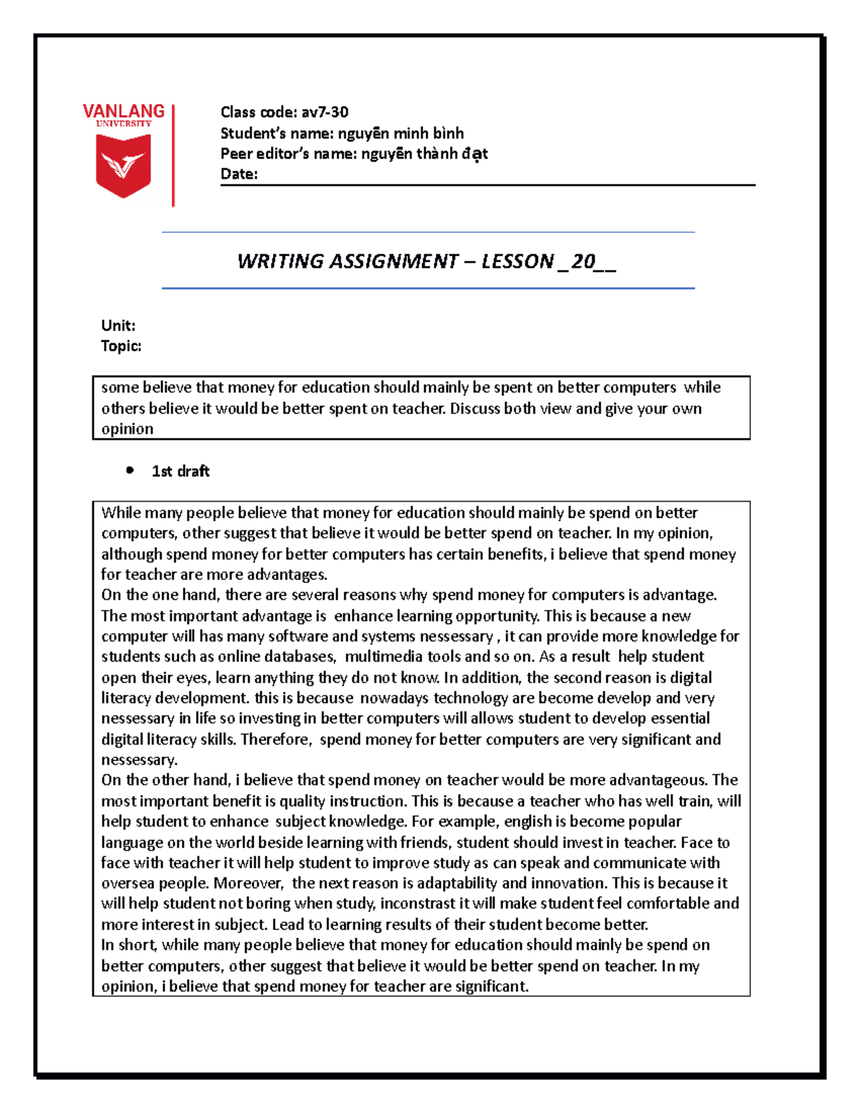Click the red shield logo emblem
click(x=123, y=165)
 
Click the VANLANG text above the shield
click(x=123, y=111)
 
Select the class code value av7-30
click(x=325, y=112)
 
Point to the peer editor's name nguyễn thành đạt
click(x=424, y=153)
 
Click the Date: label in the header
click(x=239, y=174)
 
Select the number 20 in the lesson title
click(x=583, y=261)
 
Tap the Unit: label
click(x=118, y=325)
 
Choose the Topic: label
click(x=121, y=346)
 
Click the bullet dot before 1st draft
click(x=130, y=471)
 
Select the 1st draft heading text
click(x=181, y=471)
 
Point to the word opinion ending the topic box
click(x=127, y=429)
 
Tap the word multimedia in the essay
click(x=385, y=656)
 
